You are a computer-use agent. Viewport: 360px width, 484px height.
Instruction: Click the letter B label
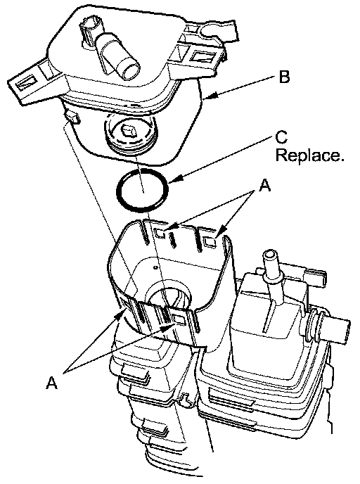284,77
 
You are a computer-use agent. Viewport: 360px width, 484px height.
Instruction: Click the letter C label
281,137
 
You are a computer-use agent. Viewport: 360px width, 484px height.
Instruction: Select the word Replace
309,155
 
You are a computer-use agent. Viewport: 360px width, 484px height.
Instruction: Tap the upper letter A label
264,186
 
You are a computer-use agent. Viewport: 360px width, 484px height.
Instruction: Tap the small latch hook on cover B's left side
72,117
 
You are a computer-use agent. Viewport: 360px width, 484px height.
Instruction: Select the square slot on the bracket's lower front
179,320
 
